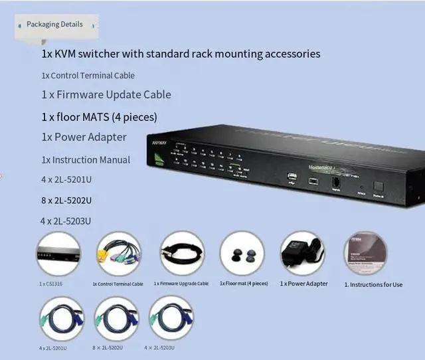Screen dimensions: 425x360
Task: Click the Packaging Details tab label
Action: pyautogui.click(x=54, y=25)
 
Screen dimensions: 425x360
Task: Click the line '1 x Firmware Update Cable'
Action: pyautogui.click(x=106, y=95)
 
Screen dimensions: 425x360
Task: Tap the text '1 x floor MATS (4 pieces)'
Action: pyautogui.click(x=99, y=118)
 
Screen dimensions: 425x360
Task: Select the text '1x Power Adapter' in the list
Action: pyautogui.click(x=84, y=137)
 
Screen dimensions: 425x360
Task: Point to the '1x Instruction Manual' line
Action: pyautogui.click(x=86, y=160)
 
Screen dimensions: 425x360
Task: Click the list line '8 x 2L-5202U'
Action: pyautogui.click(x=66, y=201)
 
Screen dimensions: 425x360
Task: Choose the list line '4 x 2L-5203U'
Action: pyautogui.click(x=66, y=221)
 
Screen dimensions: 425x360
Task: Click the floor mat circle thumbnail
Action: pyautogui.click(x=242, y=253)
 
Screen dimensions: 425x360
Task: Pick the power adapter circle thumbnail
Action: pyautogui.click(x=302, y=253)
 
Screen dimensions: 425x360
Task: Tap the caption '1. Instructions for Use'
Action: pyautogui.click(x=373, y=284)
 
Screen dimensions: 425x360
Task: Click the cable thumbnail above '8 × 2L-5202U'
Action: pyautogui.click(x=116, y=318)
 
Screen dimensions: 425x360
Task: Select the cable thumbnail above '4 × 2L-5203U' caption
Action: pyautogui.click(x=171, y=318)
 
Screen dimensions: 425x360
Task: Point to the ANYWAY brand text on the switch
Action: pyautogui.click(x=159, y=142)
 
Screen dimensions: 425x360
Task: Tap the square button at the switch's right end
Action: pyautogui.click(x=379, y=187)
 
